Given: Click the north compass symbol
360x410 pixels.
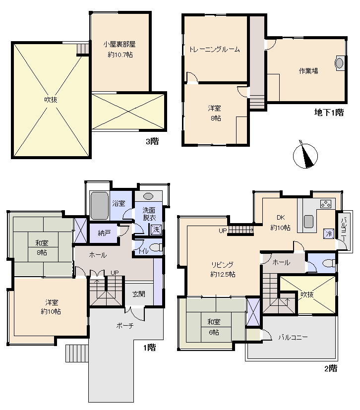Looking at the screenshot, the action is (305, 155).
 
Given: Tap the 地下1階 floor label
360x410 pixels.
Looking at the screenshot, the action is (329, 113).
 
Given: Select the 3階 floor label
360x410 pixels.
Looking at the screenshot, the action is (152, 141).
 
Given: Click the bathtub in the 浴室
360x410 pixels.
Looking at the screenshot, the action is (99, 206).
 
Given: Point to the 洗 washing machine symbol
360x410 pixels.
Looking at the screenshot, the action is (156, 230).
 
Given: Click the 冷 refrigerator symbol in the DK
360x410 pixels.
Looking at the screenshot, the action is (329, 233).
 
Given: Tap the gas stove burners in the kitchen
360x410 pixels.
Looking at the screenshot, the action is (326, 204).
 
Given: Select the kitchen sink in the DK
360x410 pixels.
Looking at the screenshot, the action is (308, 222).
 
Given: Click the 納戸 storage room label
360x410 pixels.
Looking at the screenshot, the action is (104, 233).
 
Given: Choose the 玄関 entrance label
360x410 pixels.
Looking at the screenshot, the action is (138, 294).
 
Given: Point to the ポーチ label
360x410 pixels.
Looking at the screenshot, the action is (125, 326).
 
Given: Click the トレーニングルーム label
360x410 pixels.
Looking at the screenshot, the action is (214, 50).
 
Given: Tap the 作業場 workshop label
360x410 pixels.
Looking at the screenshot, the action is (308, 71).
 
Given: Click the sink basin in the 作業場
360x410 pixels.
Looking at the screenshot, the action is (339, 63).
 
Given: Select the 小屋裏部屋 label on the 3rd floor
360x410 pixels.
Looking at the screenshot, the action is (120, 44).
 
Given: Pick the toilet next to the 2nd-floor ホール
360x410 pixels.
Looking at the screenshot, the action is (329, 263).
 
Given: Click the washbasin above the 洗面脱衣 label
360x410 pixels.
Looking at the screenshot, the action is (148, 196).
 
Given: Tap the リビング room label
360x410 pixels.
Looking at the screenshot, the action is (222, 265).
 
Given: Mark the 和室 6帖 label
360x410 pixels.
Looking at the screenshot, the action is (214, 327).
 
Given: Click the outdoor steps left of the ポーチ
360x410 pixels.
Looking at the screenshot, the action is (77, 353).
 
